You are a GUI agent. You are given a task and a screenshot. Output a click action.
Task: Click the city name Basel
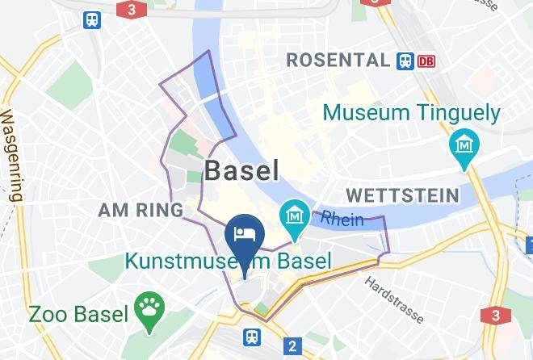pyautogui.click(x=241, y=170)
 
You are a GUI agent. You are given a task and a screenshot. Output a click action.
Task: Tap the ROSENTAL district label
pyautogui.click(x=338, y=60)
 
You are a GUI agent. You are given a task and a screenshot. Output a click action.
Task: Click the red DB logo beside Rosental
pyautogui.click(x=426, y=61)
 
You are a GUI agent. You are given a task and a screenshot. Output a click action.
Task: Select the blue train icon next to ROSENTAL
pyautogui.click(x=405, y=61)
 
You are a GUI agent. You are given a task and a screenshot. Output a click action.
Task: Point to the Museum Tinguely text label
pyautogui.click(x=412, y=113)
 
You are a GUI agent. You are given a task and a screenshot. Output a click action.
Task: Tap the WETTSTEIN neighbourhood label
pyautogui.click(x=401, y=195)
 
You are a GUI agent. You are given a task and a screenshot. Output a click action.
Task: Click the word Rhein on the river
pyautogui.click(x=342, y=219)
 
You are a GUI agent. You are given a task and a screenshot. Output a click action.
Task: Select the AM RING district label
pyautogui.click(x=141, y=211)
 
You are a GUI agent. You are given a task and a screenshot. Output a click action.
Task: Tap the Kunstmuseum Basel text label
pyautogui.click(x=228, y=261)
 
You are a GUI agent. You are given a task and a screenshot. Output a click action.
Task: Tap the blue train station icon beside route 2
pyautogui.click(x=254, y=337)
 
